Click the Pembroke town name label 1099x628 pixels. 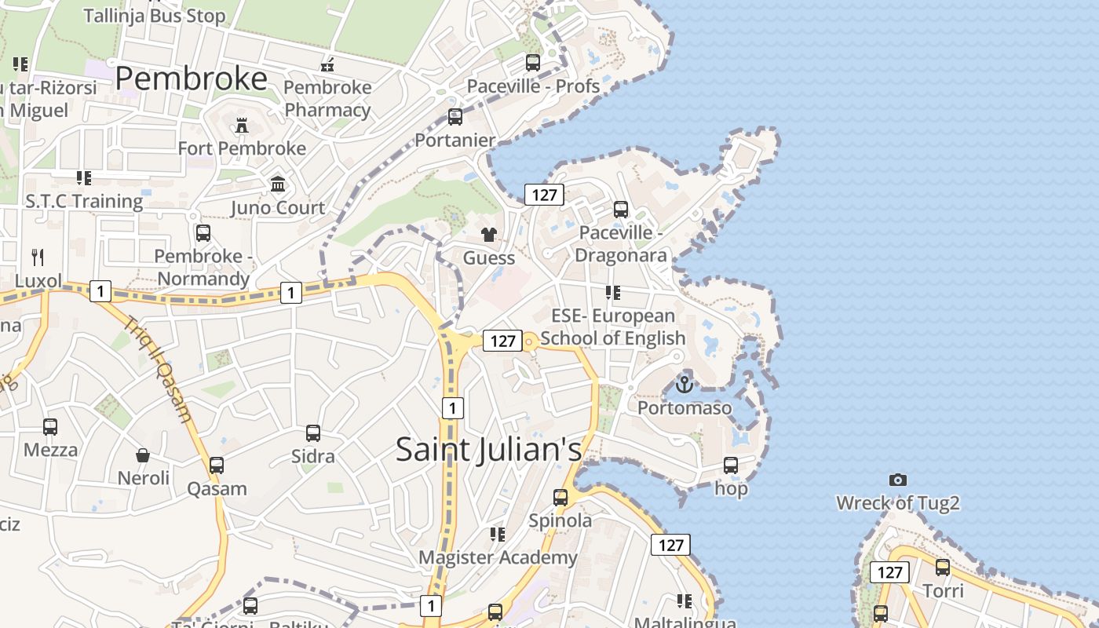[x=192, y=79]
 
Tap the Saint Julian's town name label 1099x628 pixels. [x=488, y=449]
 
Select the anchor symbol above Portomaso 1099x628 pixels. [x=685, y=384]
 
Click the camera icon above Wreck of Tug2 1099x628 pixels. [x=898, y=480]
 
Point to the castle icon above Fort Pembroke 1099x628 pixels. [x=241, y=125]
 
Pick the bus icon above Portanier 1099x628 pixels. [x=455, y=117]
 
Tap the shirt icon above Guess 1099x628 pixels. [x=488, y=234]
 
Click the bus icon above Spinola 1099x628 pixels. [x=560, y=497]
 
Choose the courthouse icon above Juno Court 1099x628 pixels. [x=277, y=184]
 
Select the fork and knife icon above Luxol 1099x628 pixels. [x=37, y=257]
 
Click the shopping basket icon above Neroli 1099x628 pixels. [x=143, y=455]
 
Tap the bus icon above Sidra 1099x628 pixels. [x=312, y=433]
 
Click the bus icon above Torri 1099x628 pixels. [x=942, y=567]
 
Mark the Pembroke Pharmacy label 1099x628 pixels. [x=327, y=98]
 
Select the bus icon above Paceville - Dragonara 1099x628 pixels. [x=620, y=210]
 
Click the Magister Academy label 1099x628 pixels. [x=498, y=557]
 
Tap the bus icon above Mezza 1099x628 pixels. [x=50, y=426]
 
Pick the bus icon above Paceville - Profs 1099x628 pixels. [x=533, y=63]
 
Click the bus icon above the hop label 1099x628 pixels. [x=731, y=465]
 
